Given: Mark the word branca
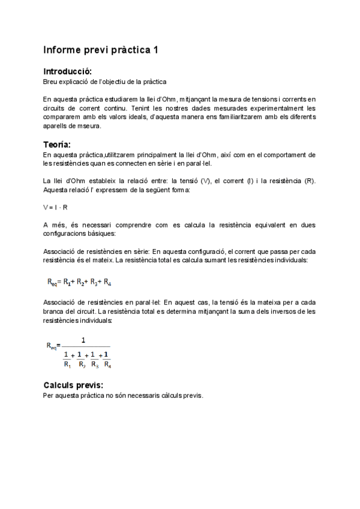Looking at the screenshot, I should tap(54, 312).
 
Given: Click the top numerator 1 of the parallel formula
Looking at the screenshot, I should tap(83, 340).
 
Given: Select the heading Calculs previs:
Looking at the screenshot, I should tap(73, 385).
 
